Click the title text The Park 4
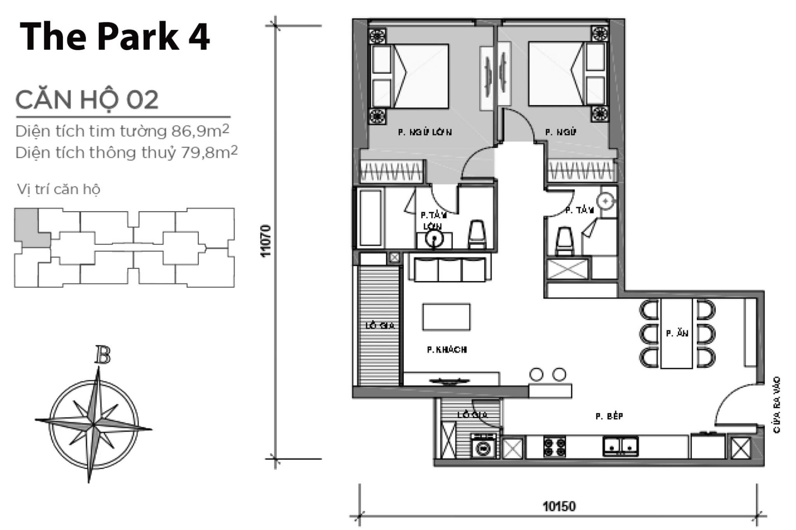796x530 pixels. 114,37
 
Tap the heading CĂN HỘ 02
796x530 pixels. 87,100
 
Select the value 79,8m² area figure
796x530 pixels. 209,152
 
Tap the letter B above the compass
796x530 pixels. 102,355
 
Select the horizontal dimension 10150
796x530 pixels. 559,506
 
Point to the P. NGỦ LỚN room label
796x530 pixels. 425,132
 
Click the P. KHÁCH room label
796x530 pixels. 447,350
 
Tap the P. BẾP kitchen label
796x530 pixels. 609,416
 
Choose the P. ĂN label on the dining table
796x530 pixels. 677,333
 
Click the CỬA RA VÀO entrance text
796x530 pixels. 777,405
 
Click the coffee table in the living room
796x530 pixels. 446,317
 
